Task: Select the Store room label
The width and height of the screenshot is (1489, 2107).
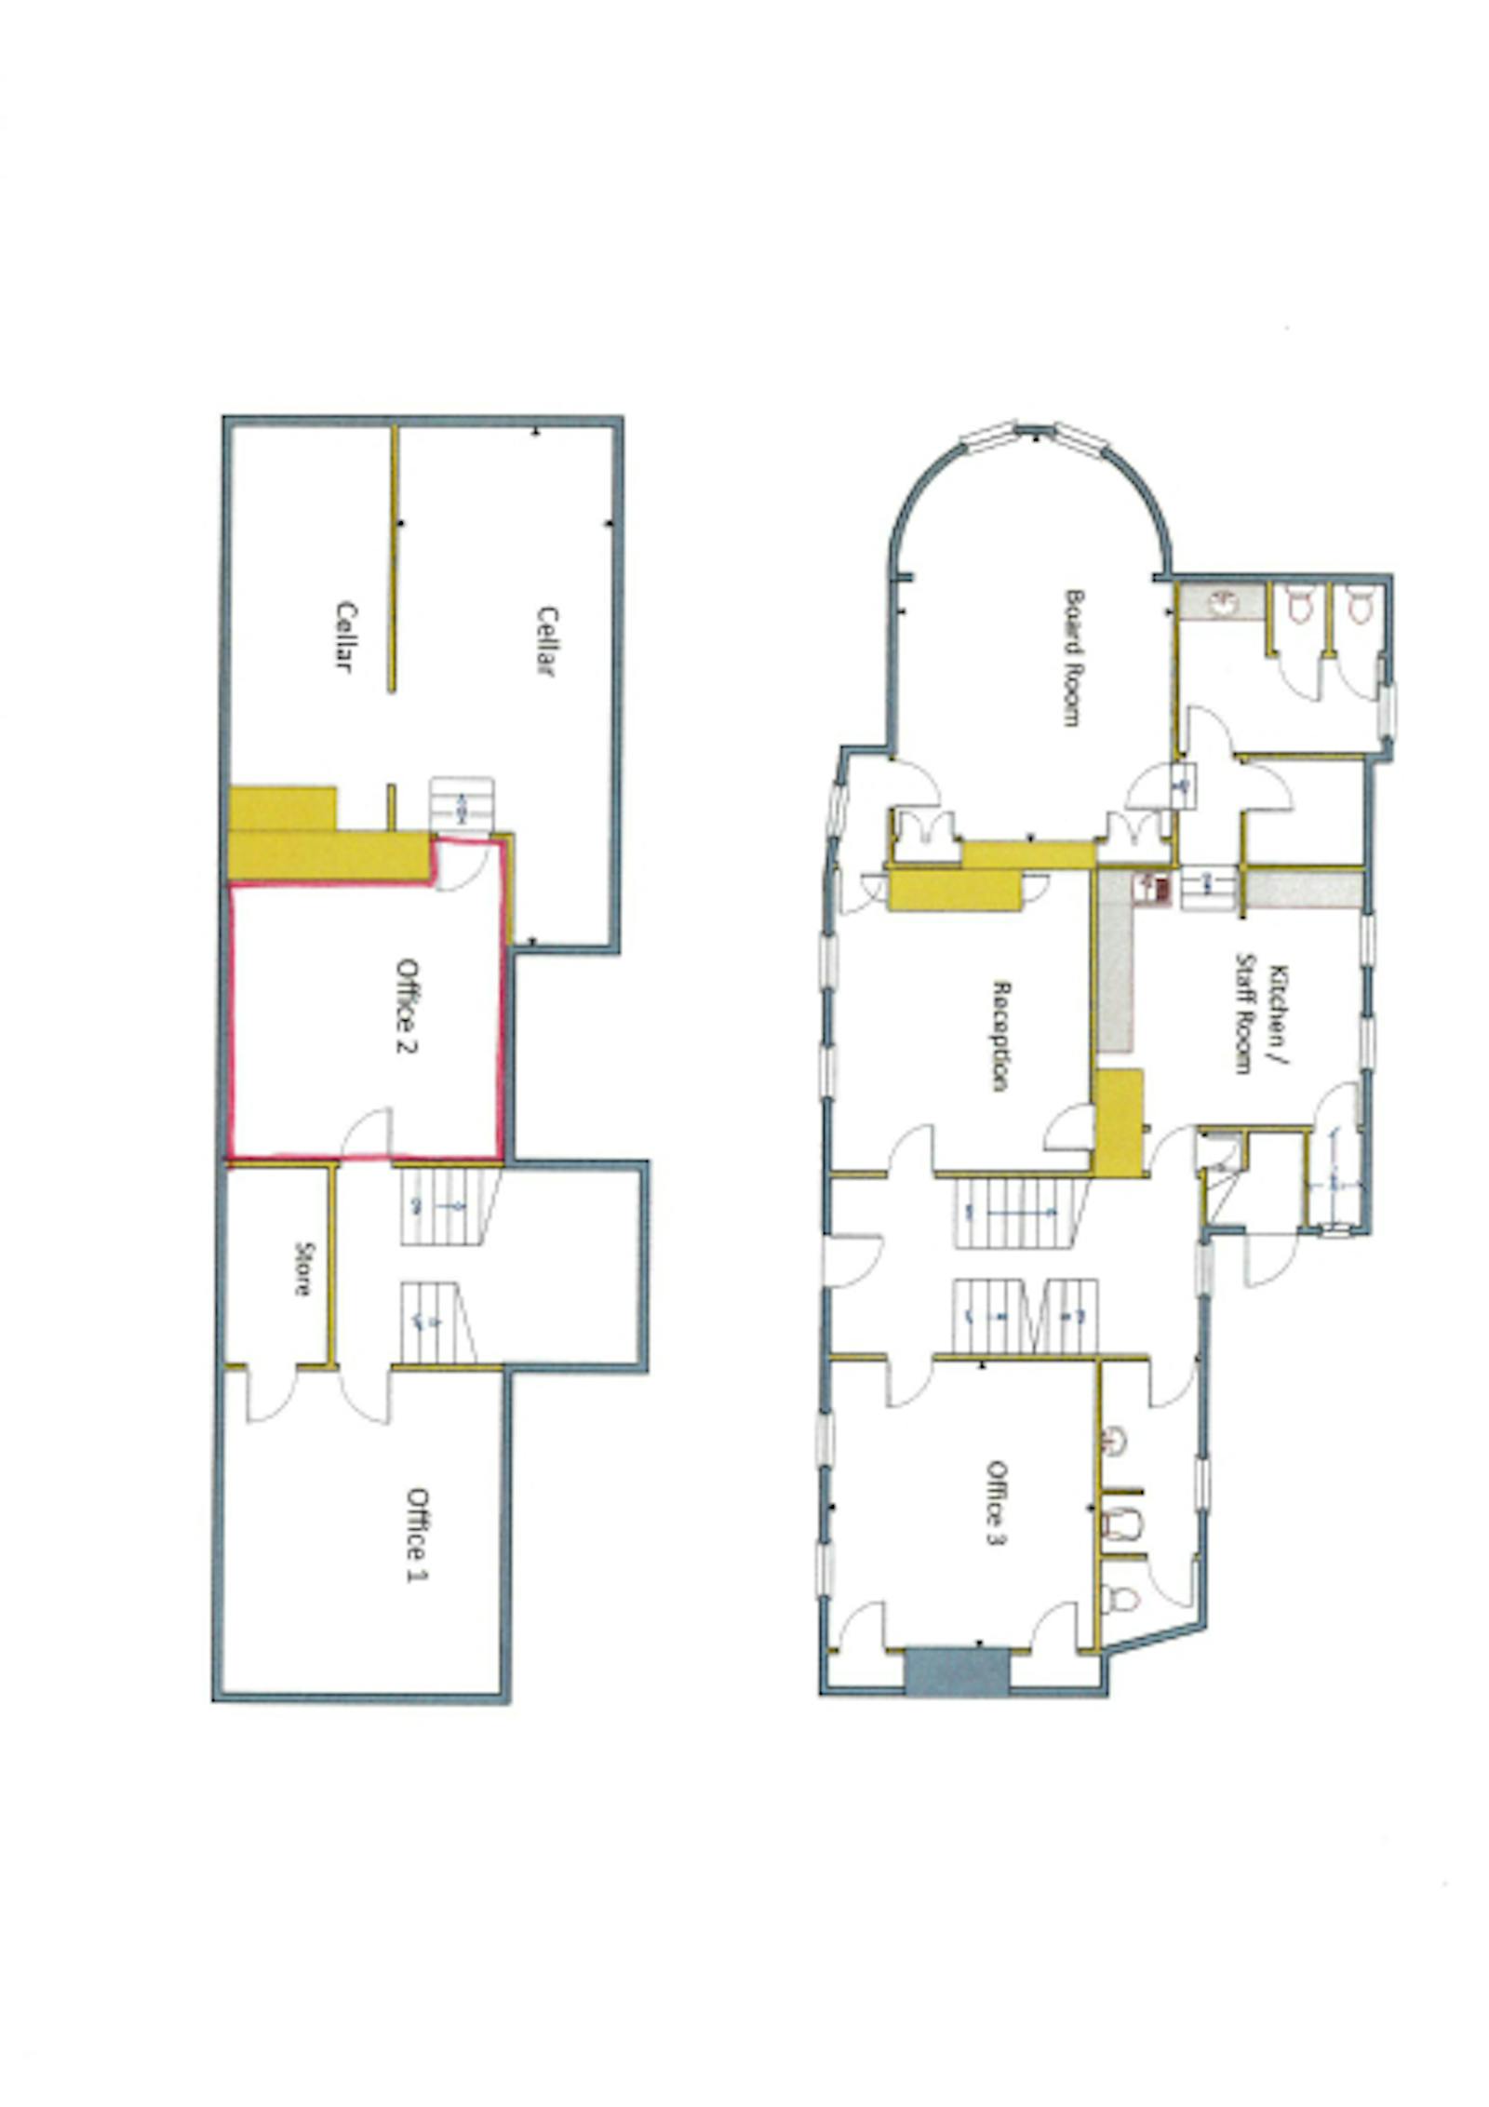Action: point(302,1268)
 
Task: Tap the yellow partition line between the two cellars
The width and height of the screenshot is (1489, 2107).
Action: point(393,558)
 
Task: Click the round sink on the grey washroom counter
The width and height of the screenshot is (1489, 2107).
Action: point(1220,603)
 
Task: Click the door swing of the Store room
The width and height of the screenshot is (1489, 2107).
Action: point(271,1396)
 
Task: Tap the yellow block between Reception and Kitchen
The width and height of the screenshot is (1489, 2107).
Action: point(1118,1122)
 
